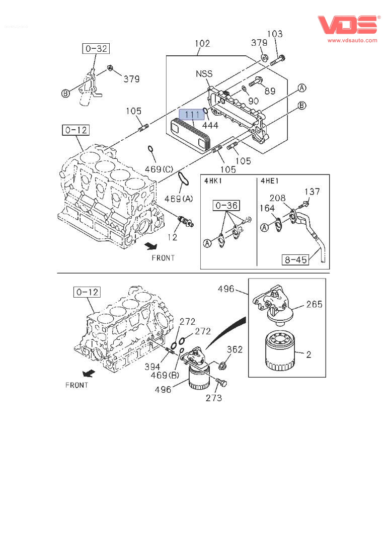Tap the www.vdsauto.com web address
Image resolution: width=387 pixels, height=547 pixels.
[352, 40]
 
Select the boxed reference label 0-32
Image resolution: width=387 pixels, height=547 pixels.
[96, 49]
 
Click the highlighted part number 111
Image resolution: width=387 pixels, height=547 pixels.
[192, 115]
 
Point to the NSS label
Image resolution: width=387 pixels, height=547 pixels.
[204, 74]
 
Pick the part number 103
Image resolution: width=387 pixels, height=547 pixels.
[275, 34]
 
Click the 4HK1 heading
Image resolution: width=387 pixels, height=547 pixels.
[213, 181]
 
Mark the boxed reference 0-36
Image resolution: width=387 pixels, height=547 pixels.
[226, 206]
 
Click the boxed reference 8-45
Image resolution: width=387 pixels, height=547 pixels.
[295, 259]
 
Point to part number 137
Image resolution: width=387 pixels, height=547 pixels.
[312, 192]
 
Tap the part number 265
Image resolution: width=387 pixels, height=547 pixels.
[314, 304]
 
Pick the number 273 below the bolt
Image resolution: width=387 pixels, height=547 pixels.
[213, 398]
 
